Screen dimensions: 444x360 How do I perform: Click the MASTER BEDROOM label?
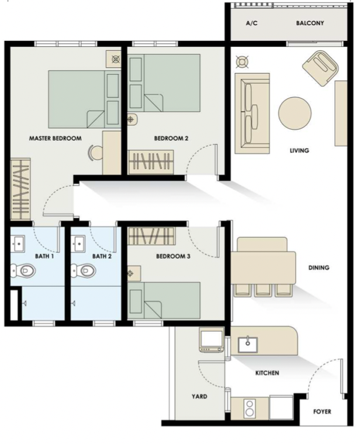click(x=55, y=138)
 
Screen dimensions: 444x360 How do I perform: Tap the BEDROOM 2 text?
click(x=171, y=138)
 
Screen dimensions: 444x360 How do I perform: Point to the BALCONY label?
click(x=310, y=23)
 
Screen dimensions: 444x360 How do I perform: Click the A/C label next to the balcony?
click(x=252, y=23)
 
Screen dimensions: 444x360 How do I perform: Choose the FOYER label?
click(x=322, y=412)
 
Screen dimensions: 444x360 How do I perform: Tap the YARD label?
click(x=199, y=397)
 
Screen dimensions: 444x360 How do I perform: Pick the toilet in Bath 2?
click(x=85, y=270)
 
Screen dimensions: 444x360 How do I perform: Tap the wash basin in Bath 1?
click(x=19, y=242)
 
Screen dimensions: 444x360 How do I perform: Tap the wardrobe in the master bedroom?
click(x=21, y=188)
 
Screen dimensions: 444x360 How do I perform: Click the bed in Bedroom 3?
click(x=166, y=301)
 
